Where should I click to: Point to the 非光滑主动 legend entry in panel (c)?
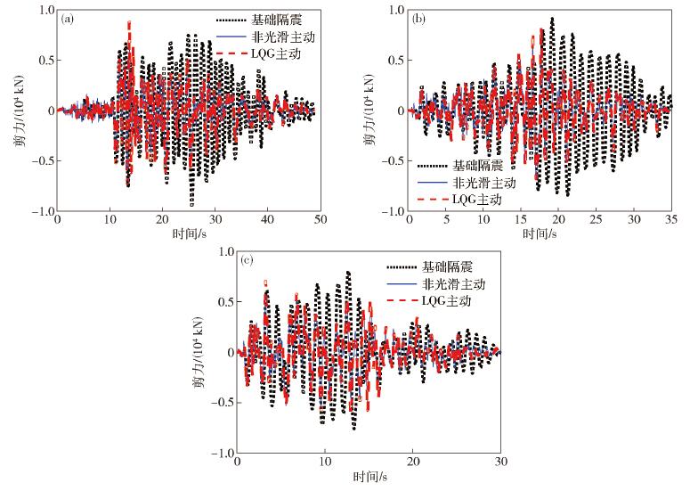pyautogui.click(x=445, y=284)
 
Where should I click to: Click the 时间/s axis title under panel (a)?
pyautogui.click(x=187, y=234)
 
